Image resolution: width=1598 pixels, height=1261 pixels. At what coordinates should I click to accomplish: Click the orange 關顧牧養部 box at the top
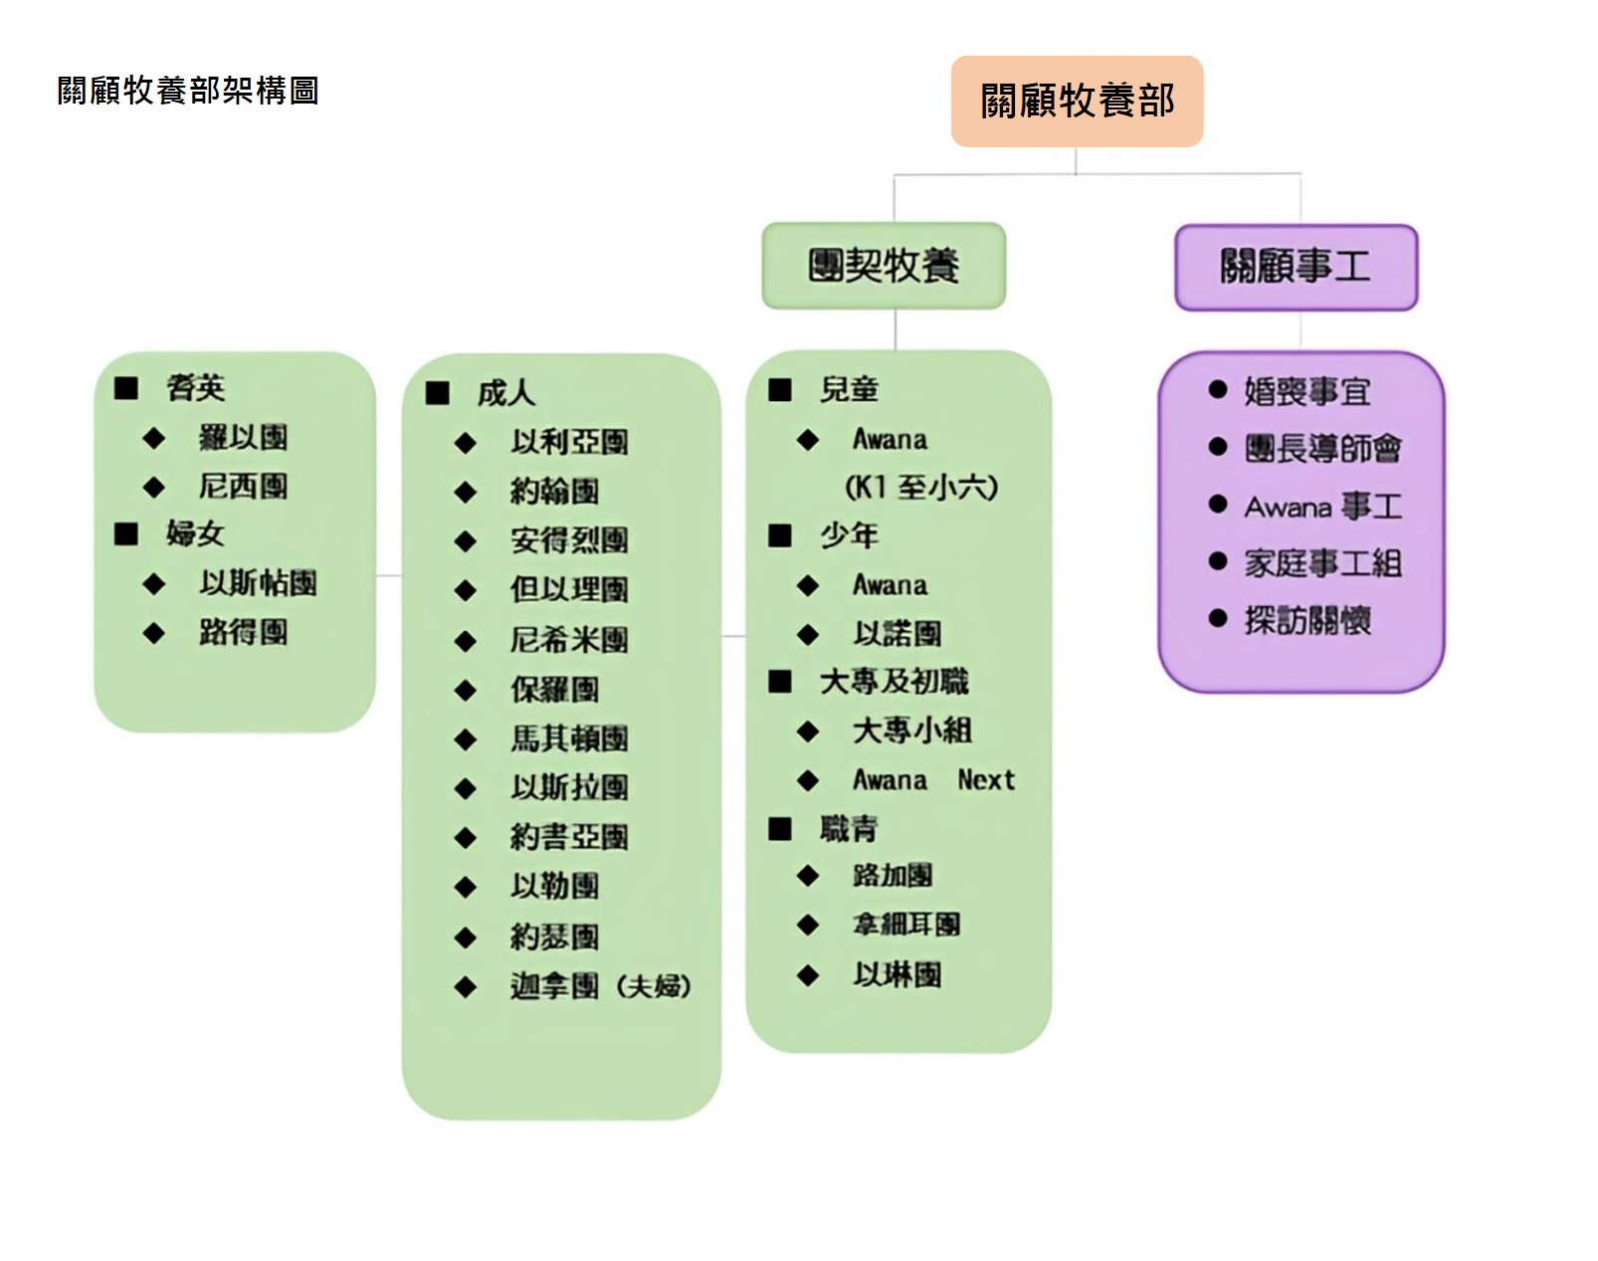point(1077,102)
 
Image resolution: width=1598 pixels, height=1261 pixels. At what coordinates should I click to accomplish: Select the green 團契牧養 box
point(884,266)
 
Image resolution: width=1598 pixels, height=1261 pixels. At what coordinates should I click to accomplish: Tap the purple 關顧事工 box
point(1296,267)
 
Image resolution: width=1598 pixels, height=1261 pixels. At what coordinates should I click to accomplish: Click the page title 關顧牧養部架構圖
point(188,92)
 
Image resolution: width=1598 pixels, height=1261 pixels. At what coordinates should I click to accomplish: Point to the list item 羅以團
point(243,437)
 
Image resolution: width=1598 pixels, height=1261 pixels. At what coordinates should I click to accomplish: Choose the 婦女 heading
point(195,534)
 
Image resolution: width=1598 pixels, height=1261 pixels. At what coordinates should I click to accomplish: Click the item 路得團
point(243,632)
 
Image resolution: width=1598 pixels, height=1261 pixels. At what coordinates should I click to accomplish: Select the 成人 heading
point(505,393)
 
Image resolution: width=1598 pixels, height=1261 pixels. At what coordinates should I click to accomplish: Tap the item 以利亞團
point(569,442)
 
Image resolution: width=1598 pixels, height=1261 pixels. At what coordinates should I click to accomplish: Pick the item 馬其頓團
point(569,738)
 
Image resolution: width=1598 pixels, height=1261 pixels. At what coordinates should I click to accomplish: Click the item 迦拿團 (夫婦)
point(600,986)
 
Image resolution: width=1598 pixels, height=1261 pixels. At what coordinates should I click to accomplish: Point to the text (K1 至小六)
point(920,488)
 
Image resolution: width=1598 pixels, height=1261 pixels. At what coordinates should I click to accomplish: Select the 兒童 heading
point(849,390)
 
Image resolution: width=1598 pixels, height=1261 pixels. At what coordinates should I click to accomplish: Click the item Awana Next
point(933,780)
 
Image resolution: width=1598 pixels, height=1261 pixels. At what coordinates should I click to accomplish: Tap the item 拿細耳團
point(906,925)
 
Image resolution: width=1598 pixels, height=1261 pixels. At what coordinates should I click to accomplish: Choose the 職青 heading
point(849,828)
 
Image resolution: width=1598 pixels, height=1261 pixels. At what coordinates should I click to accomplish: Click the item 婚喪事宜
point(1306,391)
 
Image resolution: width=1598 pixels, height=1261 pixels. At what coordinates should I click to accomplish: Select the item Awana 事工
point(1322,507)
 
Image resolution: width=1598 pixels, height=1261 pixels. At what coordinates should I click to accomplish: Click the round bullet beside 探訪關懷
point(1218,619)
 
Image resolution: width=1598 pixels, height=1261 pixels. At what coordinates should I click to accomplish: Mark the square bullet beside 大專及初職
point(780,682)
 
